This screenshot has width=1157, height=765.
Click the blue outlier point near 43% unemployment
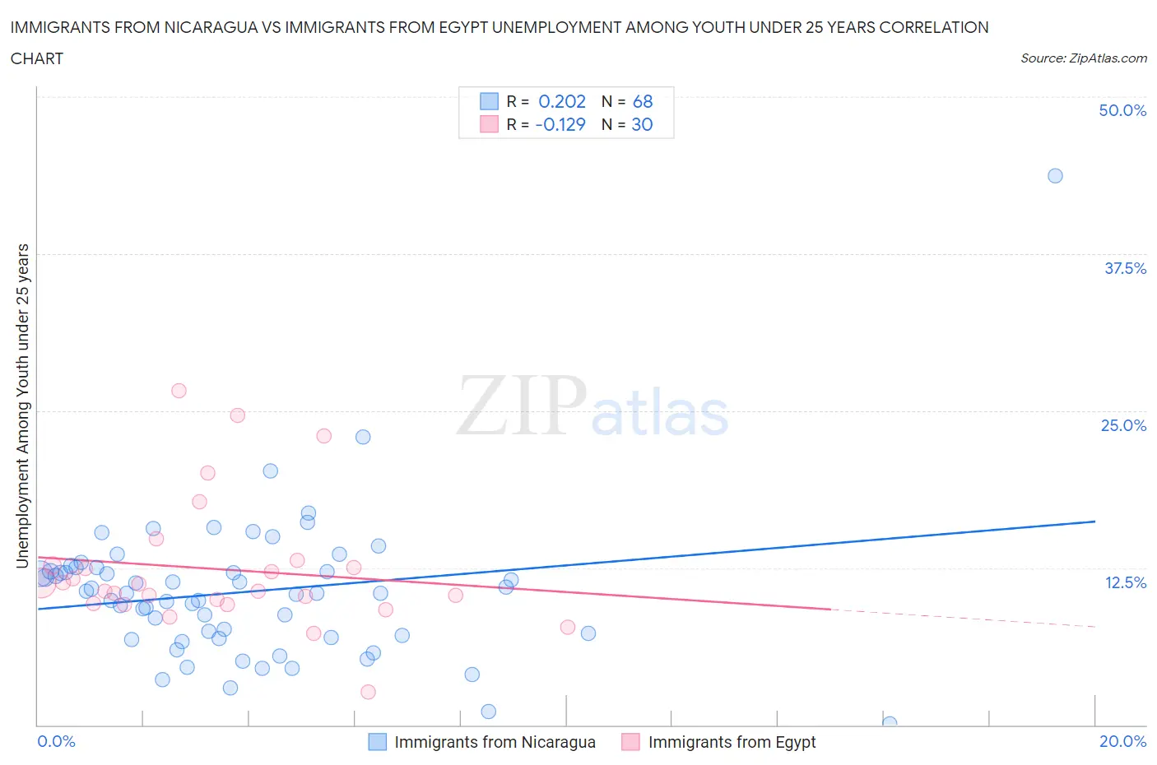1055,176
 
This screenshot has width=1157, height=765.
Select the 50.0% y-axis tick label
1122,110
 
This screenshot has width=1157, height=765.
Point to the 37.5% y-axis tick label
1125,268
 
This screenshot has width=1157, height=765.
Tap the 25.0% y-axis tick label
1123,425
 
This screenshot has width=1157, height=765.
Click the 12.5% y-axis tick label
1125,582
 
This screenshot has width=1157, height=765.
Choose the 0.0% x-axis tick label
56,741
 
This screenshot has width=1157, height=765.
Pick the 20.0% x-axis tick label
1122,741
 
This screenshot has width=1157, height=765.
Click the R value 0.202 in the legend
562,101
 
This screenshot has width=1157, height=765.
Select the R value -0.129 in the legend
560,124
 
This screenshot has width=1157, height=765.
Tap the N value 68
643,101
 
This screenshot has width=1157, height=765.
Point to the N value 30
642,124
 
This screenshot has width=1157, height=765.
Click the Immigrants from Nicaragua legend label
495,742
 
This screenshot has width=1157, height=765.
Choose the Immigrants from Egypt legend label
732,742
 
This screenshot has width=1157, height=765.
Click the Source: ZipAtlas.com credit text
1083,58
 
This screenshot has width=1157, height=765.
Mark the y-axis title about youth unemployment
23,406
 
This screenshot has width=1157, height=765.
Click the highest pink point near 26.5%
179,391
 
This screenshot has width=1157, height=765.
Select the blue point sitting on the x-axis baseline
889,723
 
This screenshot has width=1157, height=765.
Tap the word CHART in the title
37,58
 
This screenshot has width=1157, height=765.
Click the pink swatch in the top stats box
490,124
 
